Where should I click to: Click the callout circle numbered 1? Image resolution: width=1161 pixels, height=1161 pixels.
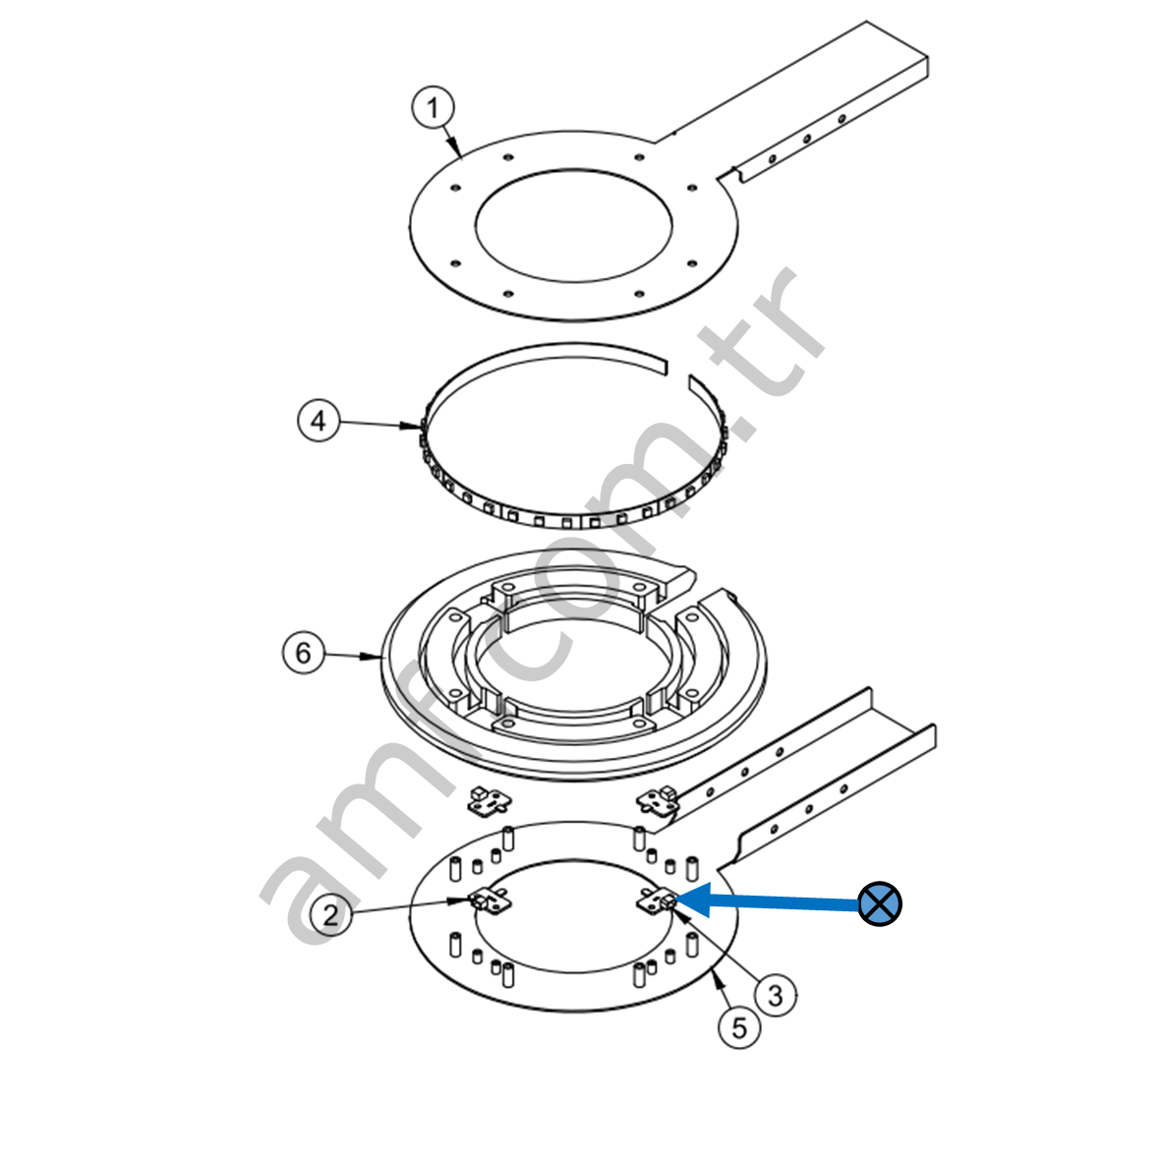pyautogui.click(x=434, y=108)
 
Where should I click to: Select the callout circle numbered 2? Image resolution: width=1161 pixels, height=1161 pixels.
pyautogui.click(x=330, y=914)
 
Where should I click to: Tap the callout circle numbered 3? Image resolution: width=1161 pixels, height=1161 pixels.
pyautogui.click(x=776, y=995)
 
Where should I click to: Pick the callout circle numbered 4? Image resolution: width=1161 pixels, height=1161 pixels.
pyautogui.click(x=319, y=421)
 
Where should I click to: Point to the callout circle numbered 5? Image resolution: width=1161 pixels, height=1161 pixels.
pyautogui.click(x=739, y=1027)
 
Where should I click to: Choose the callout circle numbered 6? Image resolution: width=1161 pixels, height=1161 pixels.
pyautogui.click(x=304, y=653)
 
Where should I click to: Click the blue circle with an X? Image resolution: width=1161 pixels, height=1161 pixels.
pyautogui.click(x=880, y=903)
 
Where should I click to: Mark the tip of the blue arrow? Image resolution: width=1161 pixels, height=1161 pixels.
pyautogui.click(x=675, y=900)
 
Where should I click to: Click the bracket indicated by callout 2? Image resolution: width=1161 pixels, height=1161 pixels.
pyautogui.click(x=490, y=900)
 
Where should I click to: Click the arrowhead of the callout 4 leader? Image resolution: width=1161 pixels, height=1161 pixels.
pyautogui.click(x=412, y=426)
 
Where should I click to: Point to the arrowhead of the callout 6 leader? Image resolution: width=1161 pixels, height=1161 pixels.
pyautogui.click(x=372, y=656)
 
